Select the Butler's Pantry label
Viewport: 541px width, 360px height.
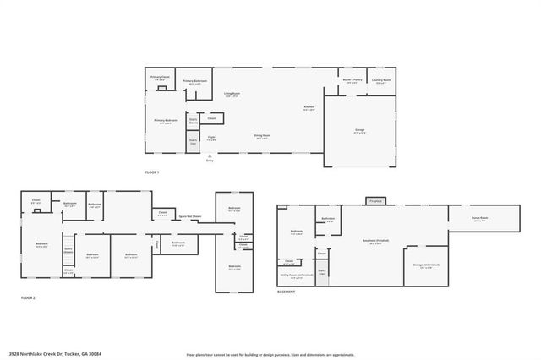[x=352, y=81]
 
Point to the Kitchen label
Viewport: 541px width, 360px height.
[x=309, y=107]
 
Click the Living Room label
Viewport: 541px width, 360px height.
[x=232, y=95]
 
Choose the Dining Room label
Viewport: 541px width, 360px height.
[x=262, y=136]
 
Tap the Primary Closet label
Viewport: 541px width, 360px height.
[x=161, y=78]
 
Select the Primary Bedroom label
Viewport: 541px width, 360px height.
[x=165, y=121]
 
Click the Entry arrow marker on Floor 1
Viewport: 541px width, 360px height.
[x=210, y=155]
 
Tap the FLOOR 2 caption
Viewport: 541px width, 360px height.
[x=28, y=297]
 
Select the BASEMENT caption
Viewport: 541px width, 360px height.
[x=286, y=292]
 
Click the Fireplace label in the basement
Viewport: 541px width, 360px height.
[x=375, y=200]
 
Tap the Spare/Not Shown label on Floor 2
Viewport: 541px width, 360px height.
[x=189, y=216]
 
